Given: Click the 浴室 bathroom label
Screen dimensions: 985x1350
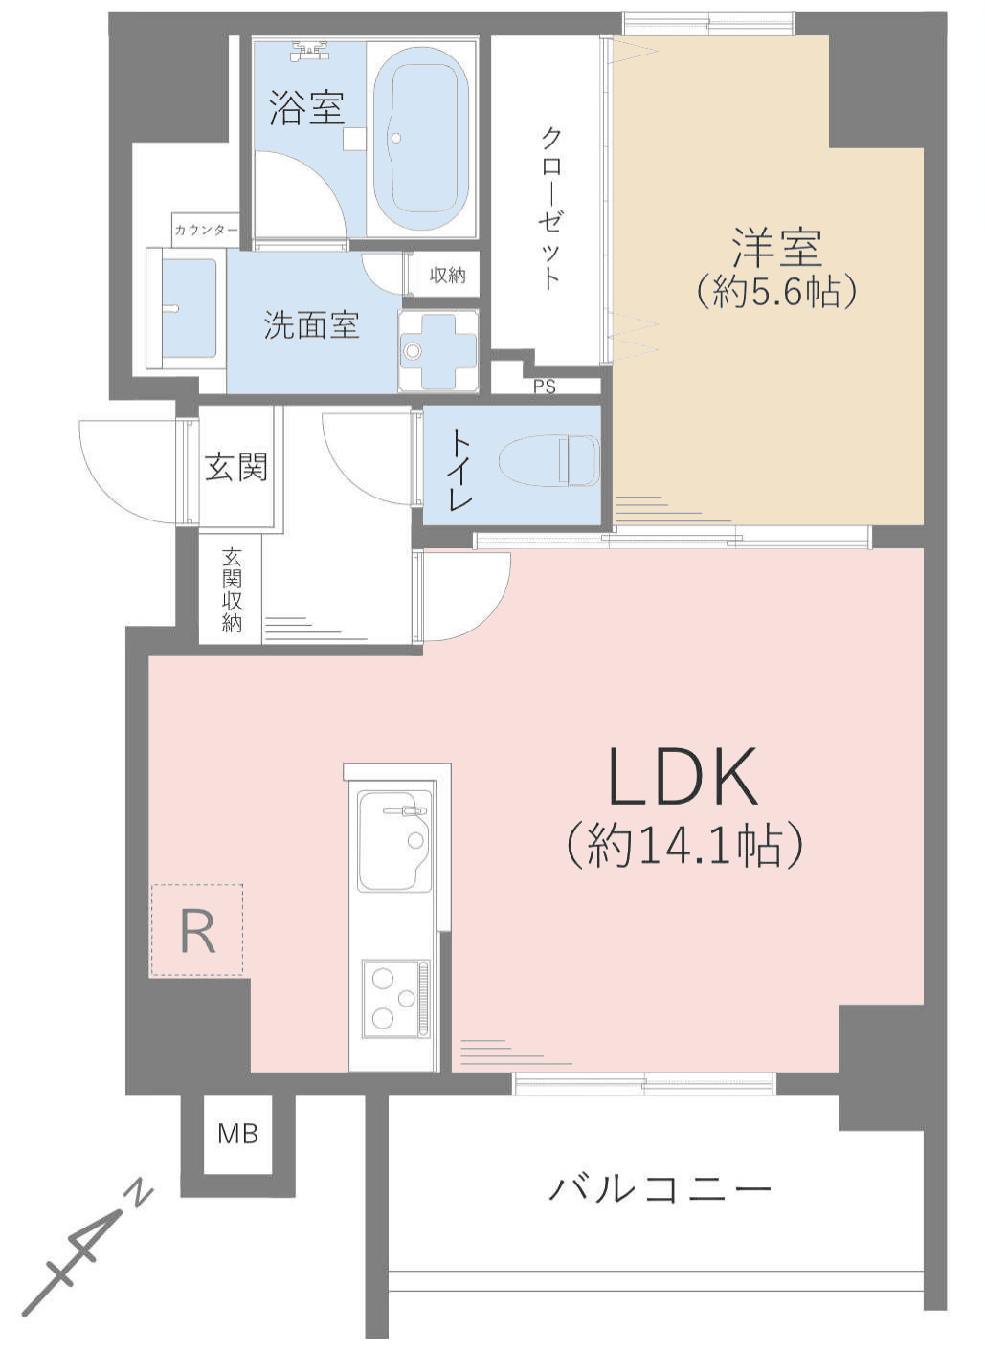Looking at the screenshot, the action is pos(307,107).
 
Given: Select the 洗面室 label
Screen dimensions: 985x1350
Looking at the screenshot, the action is pos(312,325).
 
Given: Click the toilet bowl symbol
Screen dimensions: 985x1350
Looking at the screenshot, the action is pos(549,460).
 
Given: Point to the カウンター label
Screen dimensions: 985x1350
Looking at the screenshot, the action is pos(206,230).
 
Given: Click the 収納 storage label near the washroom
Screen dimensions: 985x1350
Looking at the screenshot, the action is pos(447,275).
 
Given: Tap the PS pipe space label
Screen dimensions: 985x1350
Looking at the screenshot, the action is pos(545,387).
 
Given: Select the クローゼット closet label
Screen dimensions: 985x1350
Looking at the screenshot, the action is pos(549,210).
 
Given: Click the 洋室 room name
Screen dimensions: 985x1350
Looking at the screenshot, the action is pos(776,247).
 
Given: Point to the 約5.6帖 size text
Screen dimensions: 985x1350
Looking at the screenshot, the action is pos(776,293).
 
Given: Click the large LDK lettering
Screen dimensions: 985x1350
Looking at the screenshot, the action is pos(683,776).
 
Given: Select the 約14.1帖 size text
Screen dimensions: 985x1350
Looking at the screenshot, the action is pos(684,845).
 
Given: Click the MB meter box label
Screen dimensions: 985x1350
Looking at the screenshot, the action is pos(237,1134).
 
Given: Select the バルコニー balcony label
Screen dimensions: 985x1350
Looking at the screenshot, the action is pos(660,1188).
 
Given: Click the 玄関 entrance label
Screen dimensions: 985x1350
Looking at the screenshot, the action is pos(235,467).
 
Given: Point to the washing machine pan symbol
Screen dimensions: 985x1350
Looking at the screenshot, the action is pos(438,351).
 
